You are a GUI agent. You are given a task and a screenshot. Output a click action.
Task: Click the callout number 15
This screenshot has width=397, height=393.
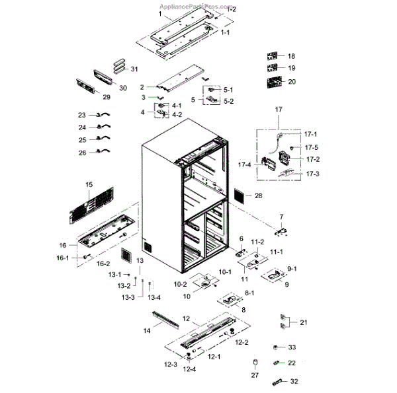coord(89,184)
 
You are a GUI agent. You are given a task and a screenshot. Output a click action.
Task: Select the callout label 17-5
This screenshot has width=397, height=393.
coord(311,147)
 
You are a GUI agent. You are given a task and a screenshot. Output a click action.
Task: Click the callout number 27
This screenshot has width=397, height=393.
coord(254,376)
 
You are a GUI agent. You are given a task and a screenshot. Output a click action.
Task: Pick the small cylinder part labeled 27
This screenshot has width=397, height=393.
coord(255,363)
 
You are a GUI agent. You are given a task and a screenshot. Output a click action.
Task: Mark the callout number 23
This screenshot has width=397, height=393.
coord(82,115)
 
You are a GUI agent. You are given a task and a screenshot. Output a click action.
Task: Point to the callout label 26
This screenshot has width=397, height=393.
coord(82,153)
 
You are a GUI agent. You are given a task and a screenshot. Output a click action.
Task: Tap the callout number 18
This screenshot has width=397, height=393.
coord(291,56)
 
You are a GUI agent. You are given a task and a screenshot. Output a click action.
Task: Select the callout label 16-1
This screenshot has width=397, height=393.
coord(62,258)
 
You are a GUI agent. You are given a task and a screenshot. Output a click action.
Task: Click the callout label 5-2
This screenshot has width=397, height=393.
coord(228,101)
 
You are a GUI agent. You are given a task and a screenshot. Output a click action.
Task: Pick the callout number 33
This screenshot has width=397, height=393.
coord(291,347)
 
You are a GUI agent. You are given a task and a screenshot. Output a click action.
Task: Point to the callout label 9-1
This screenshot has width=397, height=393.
coord(292,269)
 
